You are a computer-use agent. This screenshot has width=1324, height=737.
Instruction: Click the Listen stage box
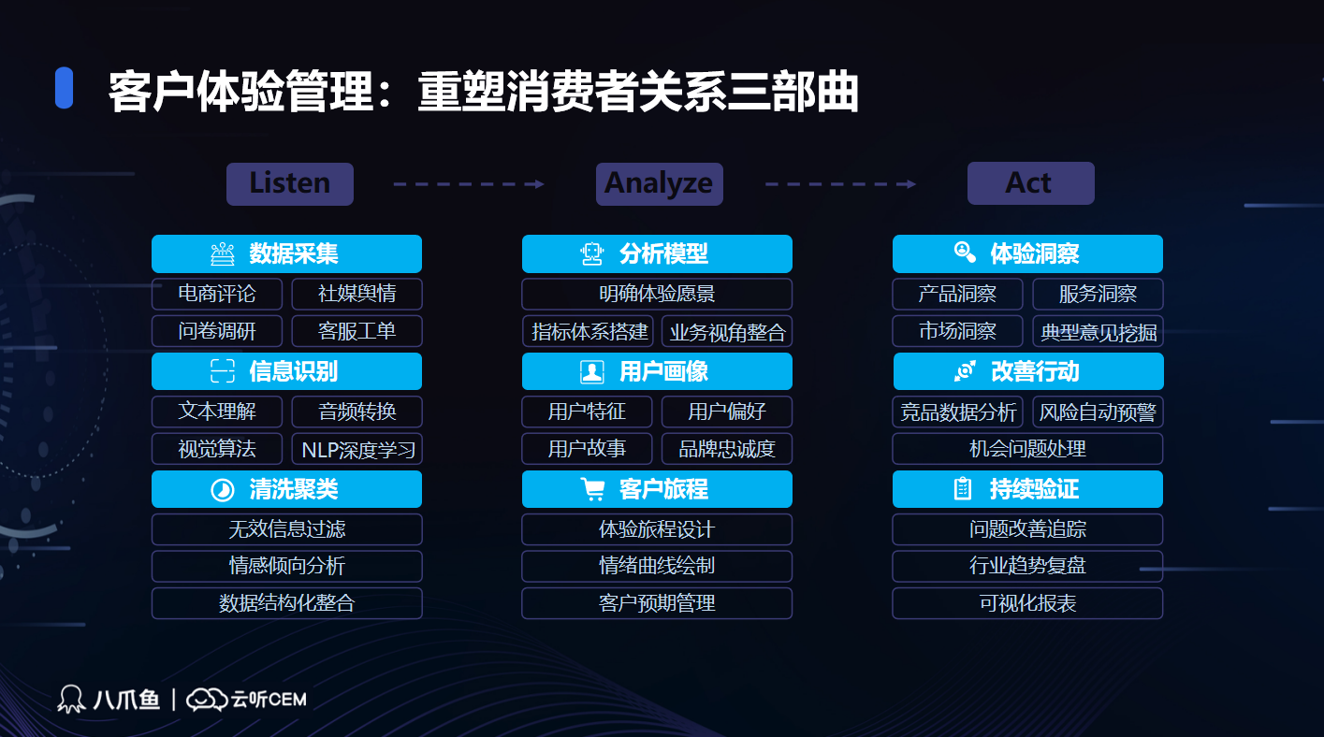[x=290, y=184]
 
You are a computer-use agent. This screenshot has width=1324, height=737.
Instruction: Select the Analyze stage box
[x=659, y=184]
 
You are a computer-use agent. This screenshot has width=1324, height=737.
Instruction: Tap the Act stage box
[x=1031, y=183]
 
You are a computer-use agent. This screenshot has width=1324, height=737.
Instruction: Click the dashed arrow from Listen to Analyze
[x=469, y=184]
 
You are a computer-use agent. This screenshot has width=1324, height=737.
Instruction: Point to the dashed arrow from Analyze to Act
[x=840, y=184]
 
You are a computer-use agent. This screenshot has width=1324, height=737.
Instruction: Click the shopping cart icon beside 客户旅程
[x=592, y=489]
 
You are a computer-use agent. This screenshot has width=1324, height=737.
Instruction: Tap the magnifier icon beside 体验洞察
[x=965, y=253]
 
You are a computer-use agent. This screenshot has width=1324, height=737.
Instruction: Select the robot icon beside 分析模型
[x=591, y=254]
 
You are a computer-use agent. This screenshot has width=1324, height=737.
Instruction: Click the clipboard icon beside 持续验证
[x=963, y=489]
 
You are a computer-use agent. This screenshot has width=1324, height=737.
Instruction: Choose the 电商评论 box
[x=217, y=294]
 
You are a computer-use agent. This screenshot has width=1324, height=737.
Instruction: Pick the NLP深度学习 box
[x=357, y=449]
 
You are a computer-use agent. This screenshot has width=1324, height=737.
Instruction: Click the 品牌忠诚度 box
[x=727, y=449]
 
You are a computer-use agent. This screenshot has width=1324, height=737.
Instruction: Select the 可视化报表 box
[x=1027, y=603]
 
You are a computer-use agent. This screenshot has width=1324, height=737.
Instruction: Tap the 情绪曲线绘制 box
[x=657, y=566]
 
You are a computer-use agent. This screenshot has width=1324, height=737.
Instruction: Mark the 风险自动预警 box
[x=1098, y=412]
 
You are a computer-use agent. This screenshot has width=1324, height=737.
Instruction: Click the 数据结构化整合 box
[x=286, y=603]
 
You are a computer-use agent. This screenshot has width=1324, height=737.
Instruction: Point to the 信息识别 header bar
[x=286, y=371]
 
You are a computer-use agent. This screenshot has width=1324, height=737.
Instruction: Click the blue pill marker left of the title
[x=64, y=88]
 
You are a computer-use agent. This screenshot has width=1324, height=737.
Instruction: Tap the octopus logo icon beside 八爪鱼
[x=71, y=700]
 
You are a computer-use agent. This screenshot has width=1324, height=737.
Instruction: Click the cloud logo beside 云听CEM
[x=207, y=700]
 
